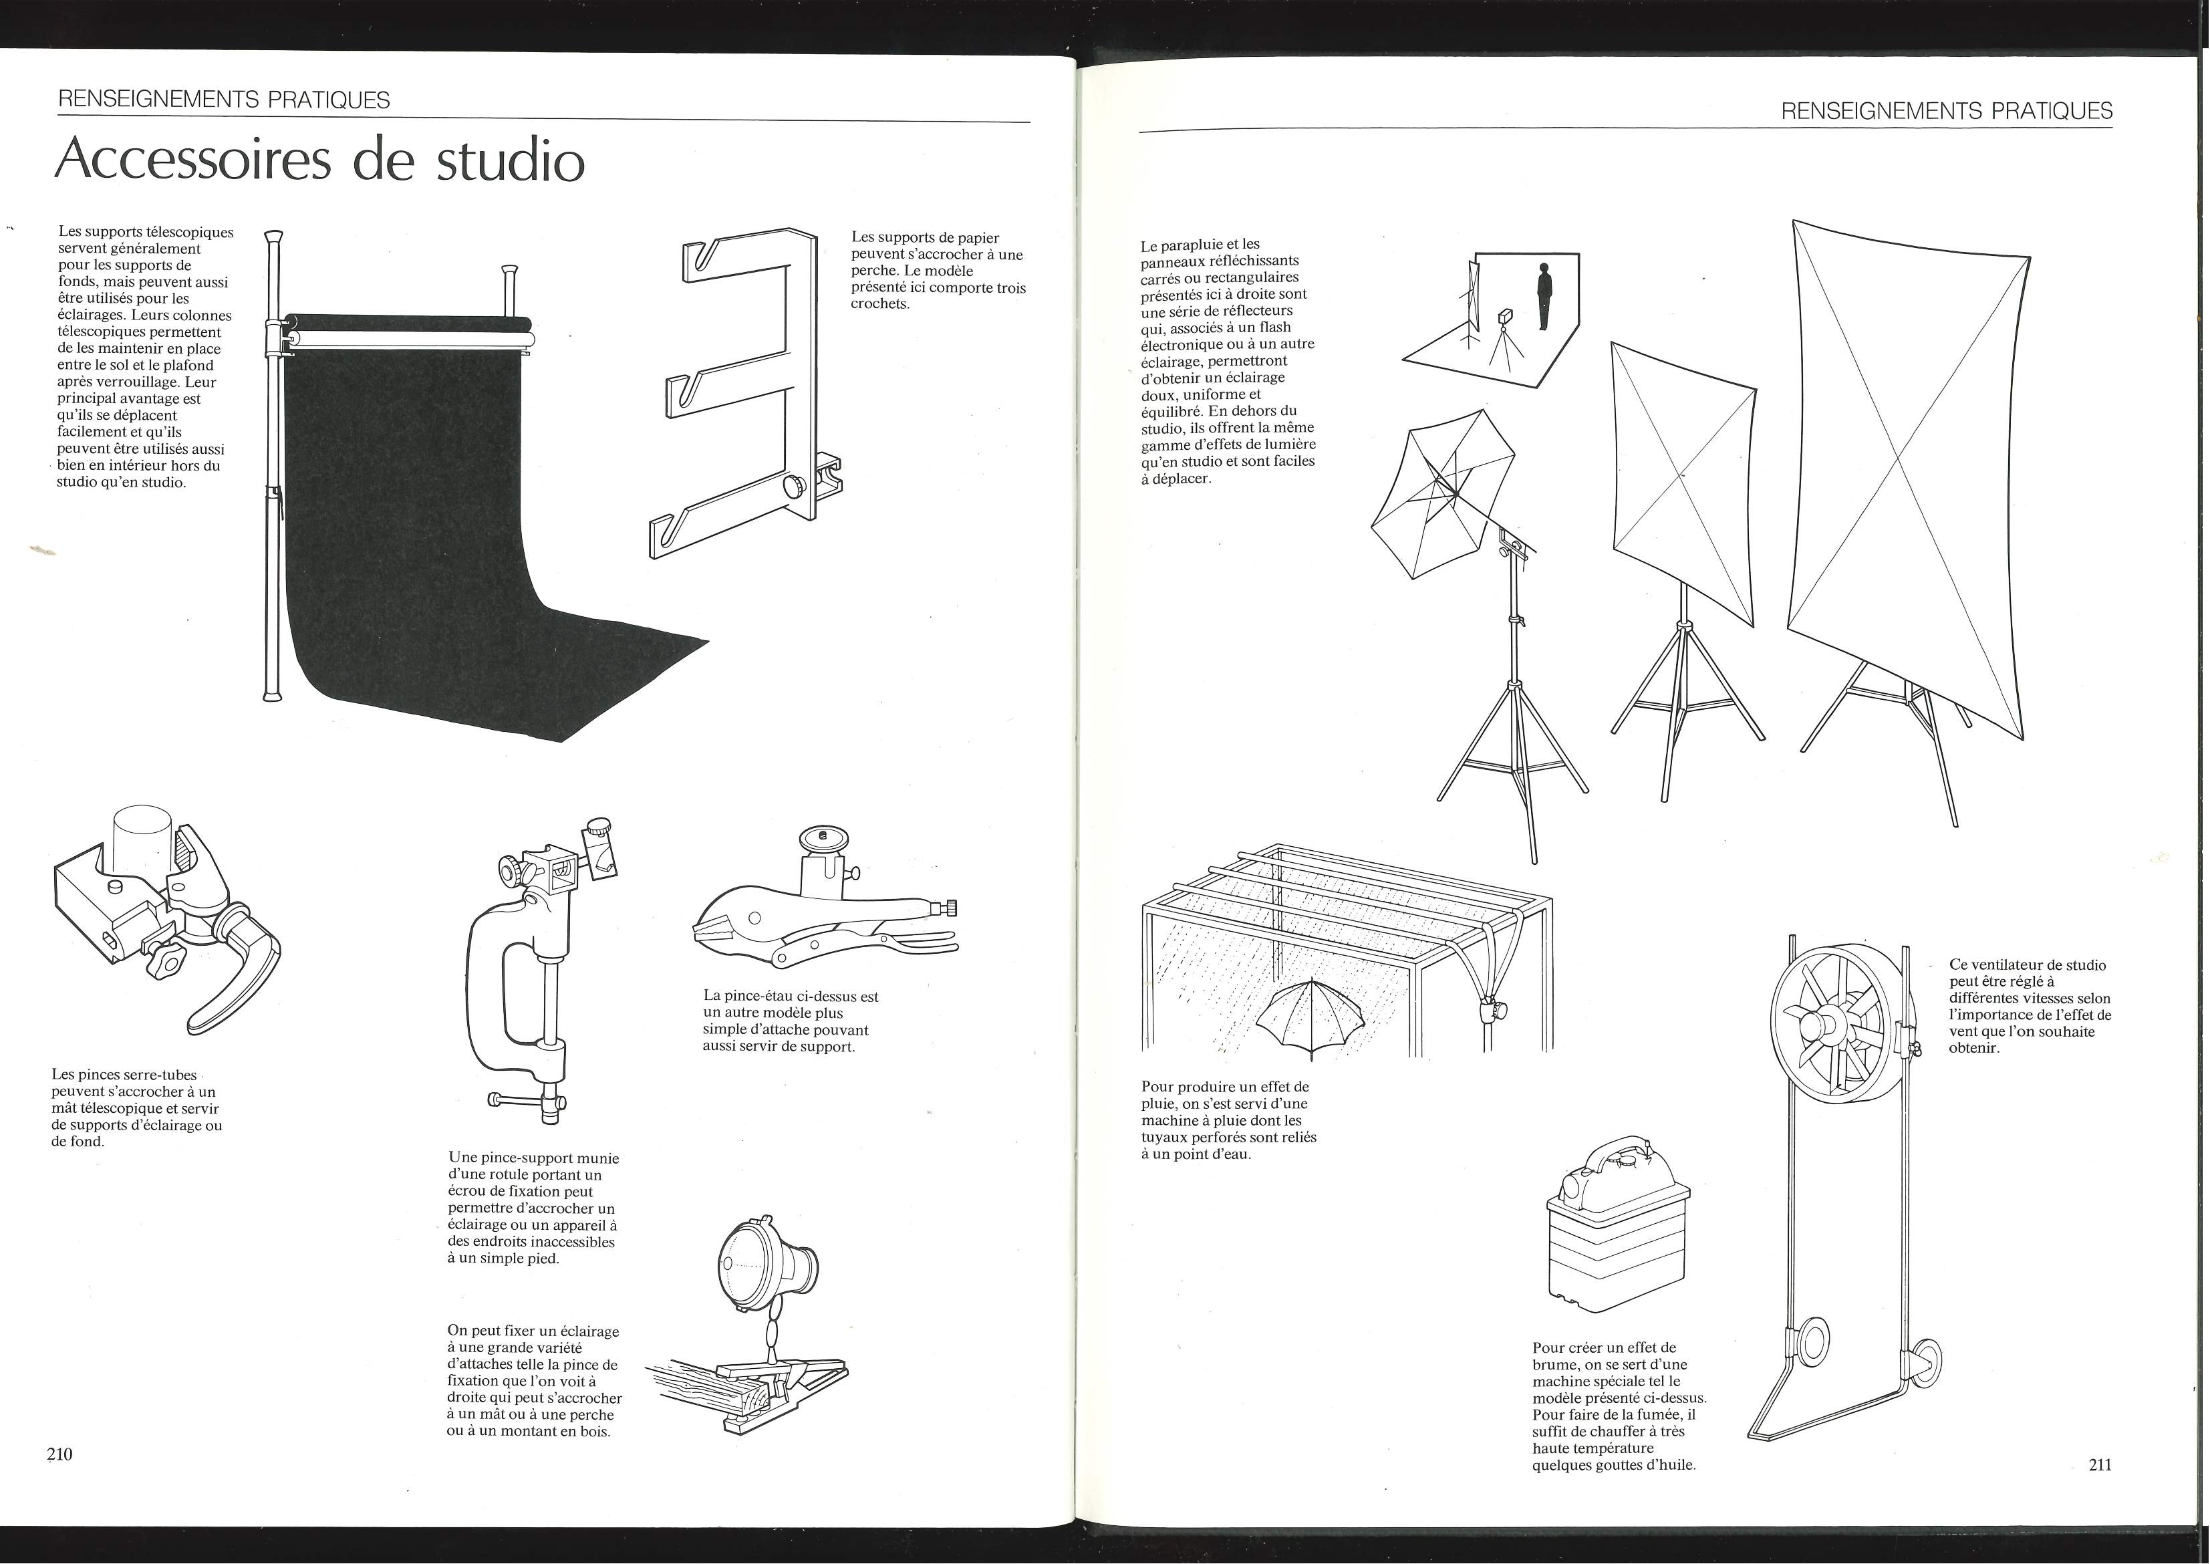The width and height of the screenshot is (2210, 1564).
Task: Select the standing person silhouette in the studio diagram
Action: [x=1544, y=297]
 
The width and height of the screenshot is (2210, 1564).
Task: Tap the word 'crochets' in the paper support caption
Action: [x=879, y=304]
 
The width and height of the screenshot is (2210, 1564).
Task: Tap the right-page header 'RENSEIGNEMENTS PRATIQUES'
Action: [x=1946, y=111]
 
